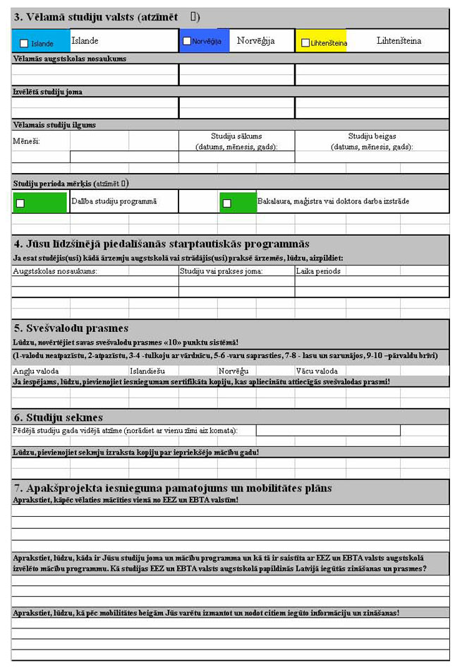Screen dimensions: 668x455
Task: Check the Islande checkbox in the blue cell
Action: coord(25,44)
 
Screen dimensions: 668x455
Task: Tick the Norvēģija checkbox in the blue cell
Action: coord(187,42)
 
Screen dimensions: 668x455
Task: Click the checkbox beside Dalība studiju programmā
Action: coord(20,203)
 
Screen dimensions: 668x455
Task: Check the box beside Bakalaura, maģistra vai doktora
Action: coord(226,203)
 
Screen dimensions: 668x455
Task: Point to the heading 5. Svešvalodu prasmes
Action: coord(71,328)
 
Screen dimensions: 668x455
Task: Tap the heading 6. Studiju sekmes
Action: coord(59,417)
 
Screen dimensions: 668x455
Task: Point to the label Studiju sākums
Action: coord(236,136)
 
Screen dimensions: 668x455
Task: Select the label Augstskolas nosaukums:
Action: coord(55,270)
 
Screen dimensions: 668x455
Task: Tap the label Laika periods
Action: coord(318,270)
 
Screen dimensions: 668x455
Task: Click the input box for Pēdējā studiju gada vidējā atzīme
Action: coord(327,430)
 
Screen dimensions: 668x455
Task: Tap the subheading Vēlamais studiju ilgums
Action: coord(54,125)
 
